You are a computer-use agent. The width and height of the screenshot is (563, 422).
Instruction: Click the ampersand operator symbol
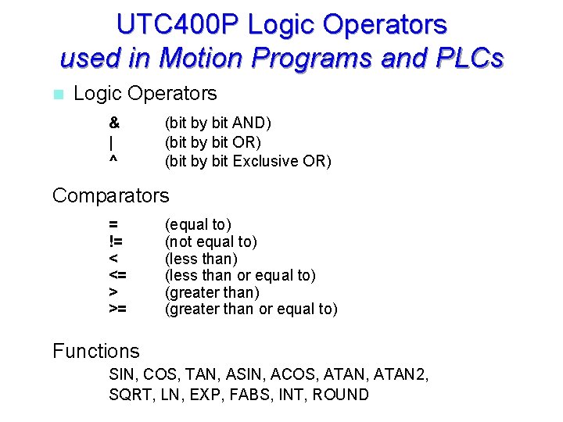tap(114, 123)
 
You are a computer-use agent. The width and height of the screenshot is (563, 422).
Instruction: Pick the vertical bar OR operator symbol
tap(111, 142)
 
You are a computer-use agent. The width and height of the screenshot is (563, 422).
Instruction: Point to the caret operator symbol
tap(113, 160)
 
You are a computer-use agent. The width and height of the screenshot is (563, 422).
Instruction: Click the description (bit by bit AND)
tap(217, 123)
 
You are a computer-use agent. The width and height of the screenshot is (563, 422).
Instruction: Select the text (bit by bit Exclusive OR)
tap(248, 162)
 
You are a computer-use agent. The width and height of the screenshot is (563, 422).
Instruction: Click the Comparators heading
tap(110, 195)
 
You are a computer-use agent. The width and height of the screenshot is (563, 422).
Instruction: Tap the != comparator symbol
tap(116, 241)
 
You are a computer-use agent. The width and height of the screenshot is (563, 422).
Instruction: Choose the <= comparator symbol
tap(118, 275)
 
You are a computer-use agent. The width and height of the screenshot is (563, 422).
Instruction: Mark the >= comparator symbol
tap(118, 309)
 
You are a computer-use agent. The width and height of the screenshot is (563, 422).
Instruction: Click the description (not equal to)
tap(210, 241)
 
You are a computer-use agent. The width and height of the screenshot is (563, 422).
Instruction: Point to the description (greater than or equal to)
tap(251, 309)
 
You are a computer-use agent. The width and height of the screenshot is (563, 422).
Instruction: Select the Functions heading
tap(96, 351)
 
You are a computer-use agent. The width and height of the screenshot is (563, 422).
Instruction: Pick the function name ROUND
tap(340, 395)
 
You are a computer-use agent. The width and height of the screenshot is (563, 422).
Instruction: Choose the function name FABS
tap(250, 395)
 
